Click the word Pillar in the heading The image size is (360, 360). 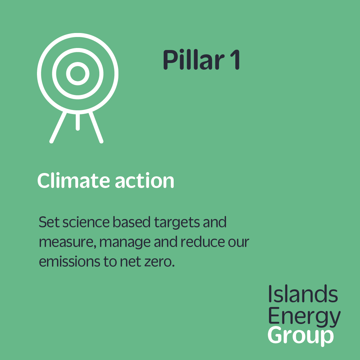(194, 59)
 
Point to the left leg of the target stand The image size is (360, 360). (58, 127)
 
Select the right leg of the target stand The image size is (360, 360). (96, 127)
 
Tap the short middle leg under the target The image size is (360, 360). (78, 122)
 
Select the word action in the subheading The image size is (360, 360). (144, 181)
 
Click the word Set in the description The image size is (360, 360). (49, 222)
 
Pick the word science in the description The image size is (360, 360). (86, 222)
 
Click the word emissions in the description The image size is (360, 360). (70, 261)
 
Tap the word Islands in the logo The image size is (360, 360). (303, 294)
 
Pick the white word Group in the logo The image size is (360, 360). (301, 336)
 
